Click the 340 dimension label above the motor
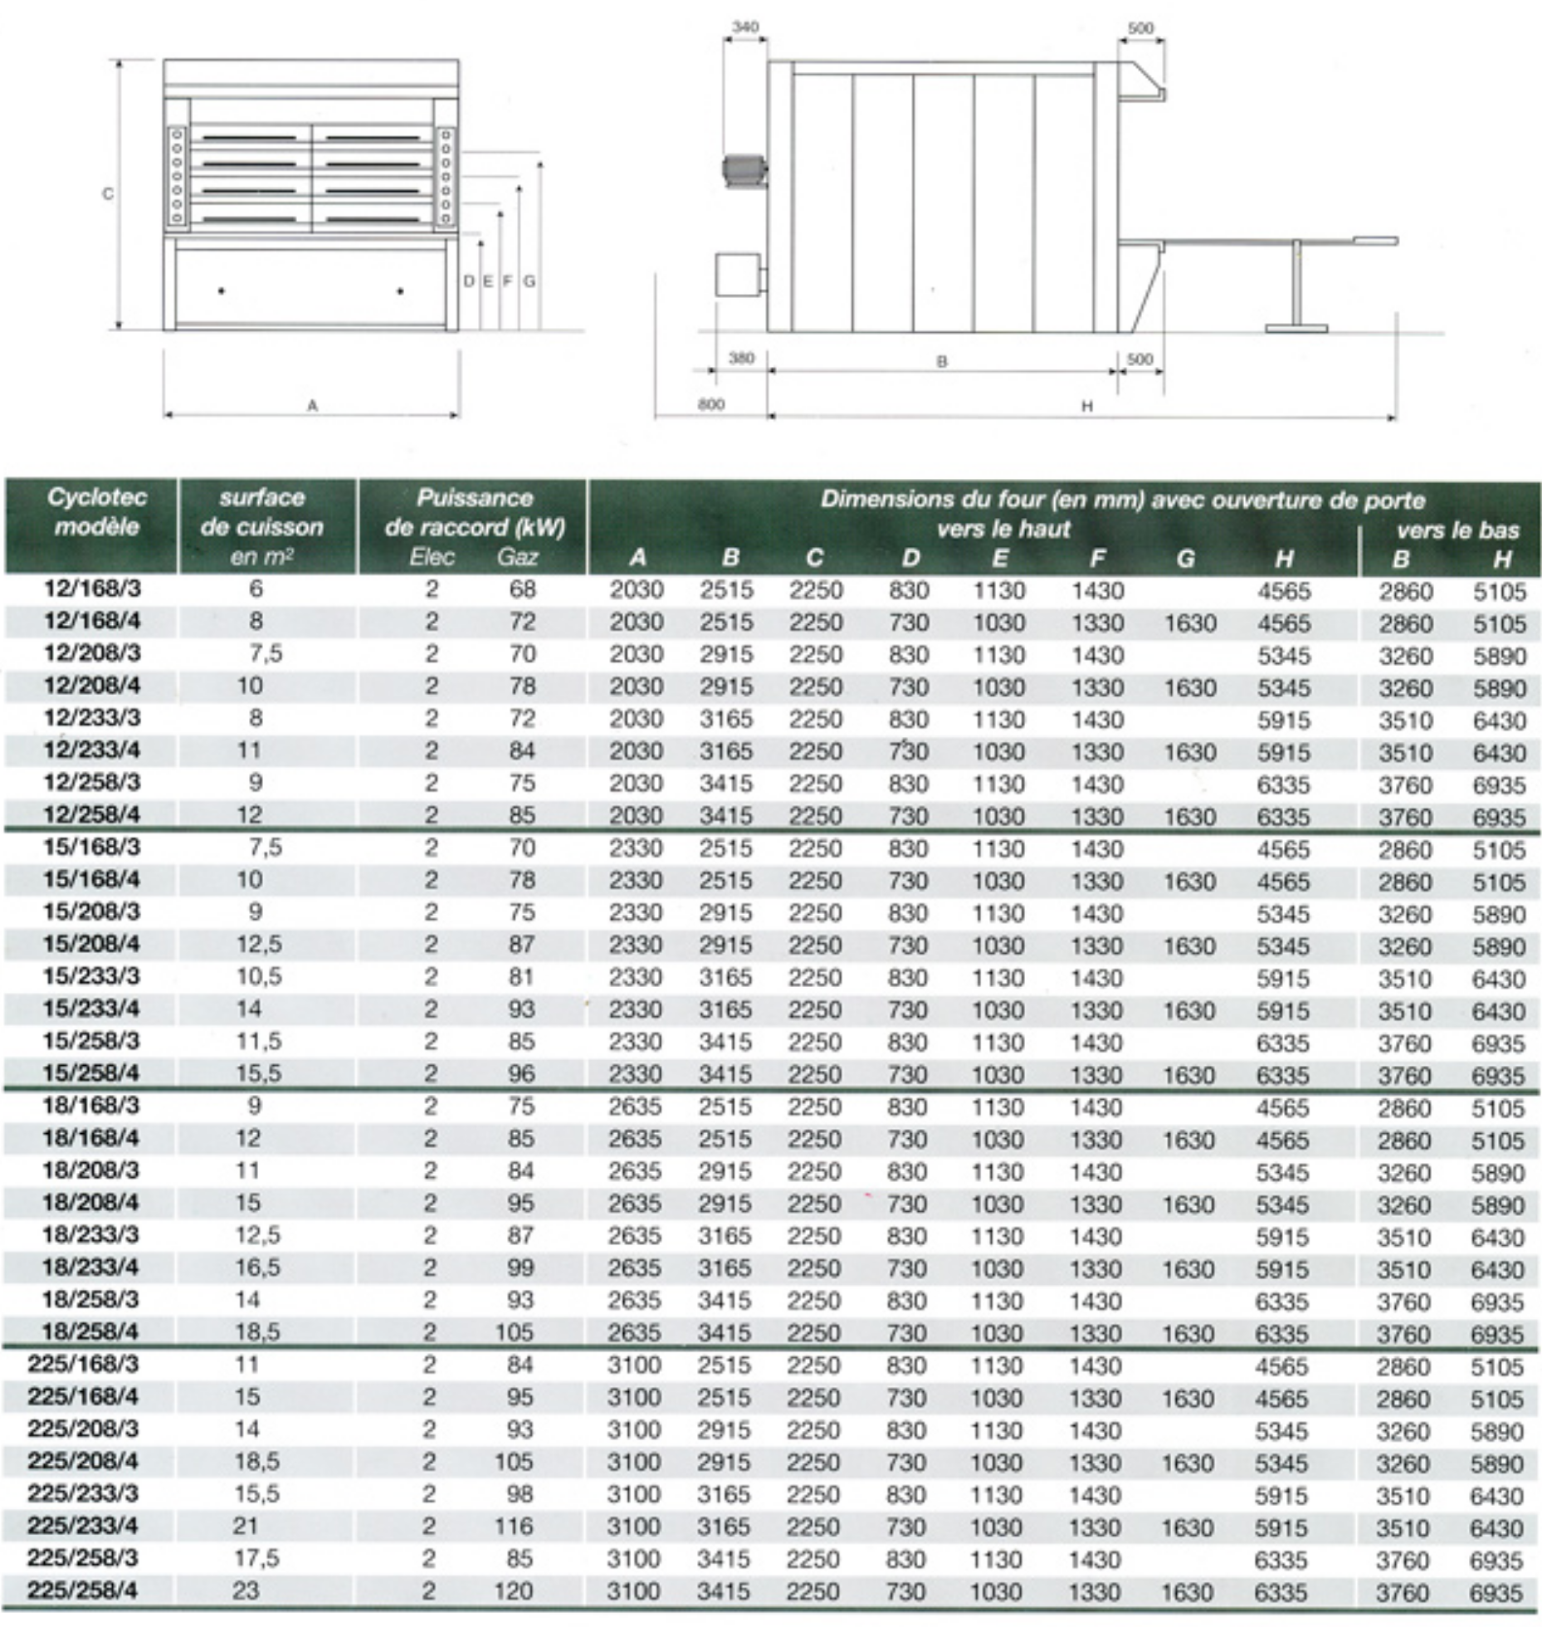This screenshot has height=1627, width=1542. tap(745, 27)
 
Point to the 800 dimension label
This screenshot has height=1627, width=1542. tap(710, 404)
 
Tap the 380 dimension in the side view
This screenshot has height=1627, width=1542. tap(741, 359)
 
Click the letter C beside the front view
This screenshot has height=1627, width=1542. tap(107, 194)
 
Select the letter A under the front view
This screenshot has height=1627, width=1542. tap(312, 406)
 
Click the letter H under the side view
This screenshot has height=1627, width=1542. tap(1086, 406)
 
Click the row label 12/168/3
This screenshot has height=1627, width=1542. tap(92, 589)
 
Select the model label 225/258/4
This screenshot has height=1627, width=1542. tap(83, 1590)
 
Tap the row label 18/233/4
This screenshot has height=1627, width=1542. tap(90, 1268)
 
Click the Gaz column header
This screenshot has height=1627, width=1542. tap(517, 557)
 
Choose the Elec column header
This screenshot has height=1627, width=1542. tap(432, 557)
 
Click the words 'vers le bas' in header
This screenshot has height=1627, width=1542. tap(1457, 530)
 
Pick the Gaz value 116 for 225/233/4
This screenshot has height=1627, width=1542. tap(514, 1526)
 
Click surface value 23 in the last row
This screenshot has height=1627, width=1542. tap(246, 1590)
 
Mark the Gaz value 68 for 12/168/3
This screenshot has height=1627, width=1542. tap(523, 589)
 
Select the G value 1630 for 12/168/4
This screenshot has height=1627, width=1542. tap(1190, 623)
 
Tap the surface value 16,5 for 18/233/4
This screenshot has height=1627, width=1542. tap(258, 1268)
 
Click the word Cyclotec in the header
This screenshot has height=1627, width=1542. tap(97, 497)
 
